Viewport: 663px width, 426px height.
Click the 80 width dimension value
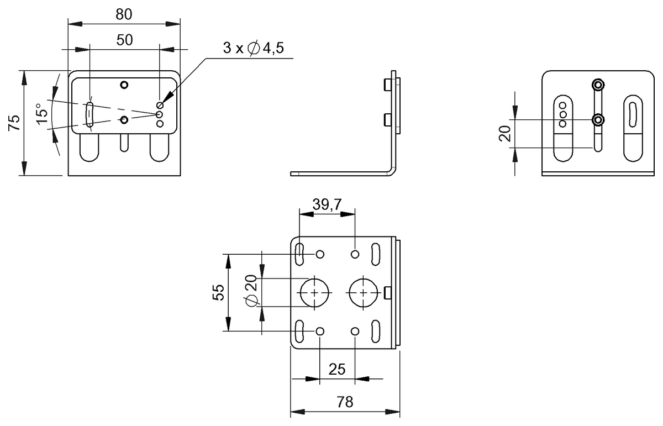[x=124, y=15]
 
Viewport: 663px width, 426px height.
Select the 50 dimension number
[x=124, y=40]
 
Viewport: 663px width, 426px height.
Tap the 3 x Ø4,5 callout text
[x=253, y=48]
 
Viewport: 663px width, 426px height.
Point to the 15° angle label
[x=41, y=114]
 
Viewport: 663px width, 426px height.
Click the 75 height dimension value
[x=15, y=123]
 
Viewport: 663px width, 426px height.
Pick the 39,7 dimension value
[x=327, y=205]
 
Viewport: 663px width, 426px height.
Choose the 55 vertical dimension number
[x=219, y=292]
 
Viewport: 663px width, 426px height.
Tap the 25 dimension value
[x=338, y=369]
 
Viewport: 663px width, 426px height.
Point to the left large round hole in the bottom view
[x=315, y=292]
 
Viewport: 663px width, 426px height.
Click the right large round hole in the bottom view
[x=364, y=292]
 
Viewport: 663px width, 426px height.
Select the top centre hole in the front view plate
[x=124, y=85]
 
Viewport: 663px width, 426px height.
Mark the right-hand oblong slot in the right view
[x=633, y=129]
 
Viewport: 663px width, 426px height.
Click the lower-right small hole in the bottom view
[x=355, y=331]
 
